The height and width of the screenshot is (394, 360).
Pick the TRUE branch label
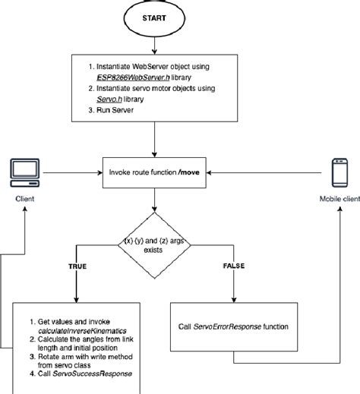[77, 266]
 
